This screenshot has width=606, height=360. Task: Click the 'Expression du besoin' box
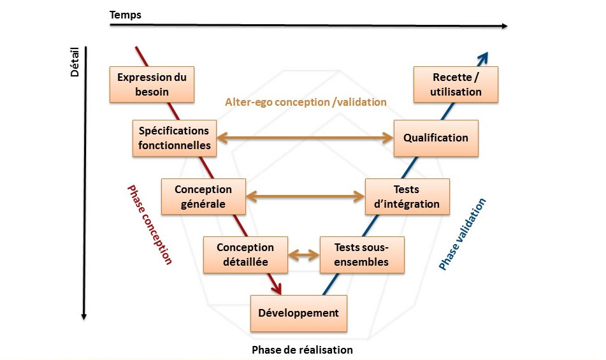pyautogui.click(x=152, y=85)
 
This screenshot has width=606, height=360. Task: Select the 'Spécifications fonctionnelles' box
pyautogui.click(x=175, y=138)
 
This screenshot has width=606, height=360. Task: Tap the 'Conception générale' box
pyautogui.click(x=203, y=197)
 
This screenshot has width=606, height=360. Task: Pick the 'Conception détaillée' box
pyautogui.click(x=245, y=255)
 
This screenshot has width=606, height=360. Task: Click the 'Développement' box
pyautogui.click(x=299, y=313)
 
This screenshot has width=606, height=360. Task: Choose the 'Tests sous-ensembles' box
pyautogui.click(x=362, y=255)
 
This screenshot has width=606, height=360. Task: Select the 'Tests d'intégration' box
pyautogui.click(x=407, y=197)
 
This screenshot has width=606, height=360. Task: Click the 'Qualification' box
pyautogui.click(x=436, y=138)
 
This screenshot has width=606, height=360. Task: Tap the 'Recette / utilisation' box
pyautogui.click(x=456, y=85)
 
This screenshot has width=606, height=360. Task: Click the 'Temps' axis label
pyautogui.click(x=126, y=15)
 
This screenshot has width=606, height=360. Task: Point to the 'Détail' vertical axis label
pyautogui.click(x=75, y=62)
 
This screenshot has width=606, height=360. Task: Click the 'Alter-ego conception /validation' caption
pyautogui.click(x=306, y=102)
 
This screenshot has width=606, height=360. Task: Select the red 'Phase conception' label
pyautogui.click(x=150, y=225)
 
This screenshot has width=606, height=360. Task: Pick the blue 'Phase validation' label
pyautogui.click(x=462, y=234)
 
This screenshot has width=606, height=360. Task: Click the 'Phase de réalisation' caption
pyautogui.click(x=302, y=350)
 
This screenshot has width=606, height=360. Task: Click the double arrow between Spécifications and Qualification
pyautogui.click(x=305, y=138)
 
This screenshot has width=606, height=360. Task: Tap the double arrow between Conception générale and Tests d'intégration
pyautogui.click(x=305, y=196)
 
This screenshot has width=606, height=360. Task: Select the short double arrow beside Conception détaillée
pyautogui.click(x=304, y=255)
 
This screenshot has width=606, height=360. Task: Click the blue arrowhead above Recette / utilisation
pyautogui.click(x=483, y=59)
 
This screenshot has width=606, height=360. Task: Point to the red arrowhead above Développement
pyautogui.click(x=276, y=287)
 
